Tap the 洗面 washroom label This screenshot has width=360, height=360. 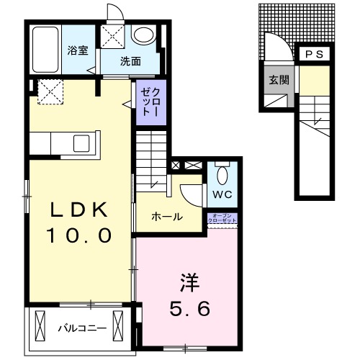[x=130, y=62]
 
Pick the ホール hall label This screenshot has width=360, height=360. [x=166, y=217]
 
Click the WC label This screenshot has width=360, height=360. [x=221, y=195]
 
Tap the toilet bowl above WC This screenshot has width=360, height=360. [x=222, y=174]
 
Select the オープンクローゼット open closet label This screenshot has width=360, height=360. [x=222, y=218]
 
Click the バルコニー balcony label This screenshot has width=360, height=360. [x=82, y=328]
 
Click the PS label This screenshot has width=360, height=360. [x=314, y=55]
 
